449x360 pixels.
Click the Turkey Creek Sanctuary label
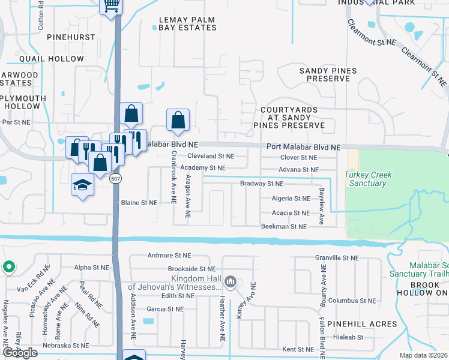point(368,179)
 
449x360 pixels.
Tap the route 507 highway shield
point(116,179)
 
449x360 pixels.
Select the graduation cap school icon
point(82,185)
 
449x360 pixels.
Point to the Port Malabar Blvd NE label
point(303,147)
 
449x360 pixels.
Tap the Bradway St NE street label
point(261,184)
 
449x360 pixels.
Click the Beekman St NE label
point(283,227)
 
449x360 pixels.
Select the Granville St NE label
point(337,257)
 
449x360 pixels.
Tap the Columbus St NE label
point(351,301)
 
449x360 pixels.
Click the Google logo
point(20,353)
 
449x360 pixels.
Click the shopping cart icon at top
point(110,6)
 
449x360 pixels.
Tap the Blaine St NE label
point(139,203)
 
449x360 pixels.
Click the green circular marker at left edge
point(8,267)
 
